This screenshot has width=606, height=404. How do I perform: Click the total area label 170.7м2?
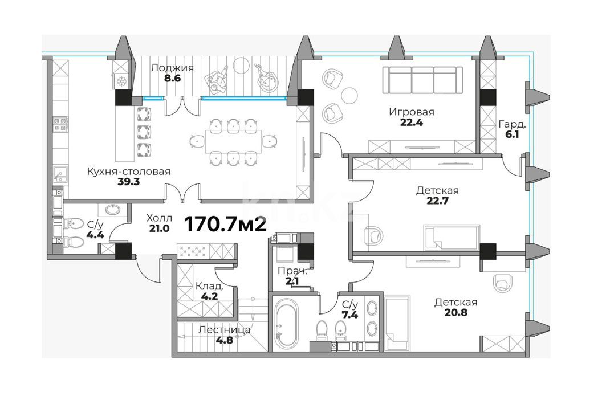pyautogui.click(x=225, y=224)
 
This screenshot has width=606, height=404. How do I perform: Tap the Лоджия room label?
pyautogui.click(x=172, y=68)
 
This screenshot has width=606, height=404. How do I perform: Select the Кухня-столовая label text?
pyautogui.click(x=129, y=171)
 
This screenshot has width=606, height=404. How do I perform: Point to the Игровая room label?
pyautogui.click(x=412, y=112)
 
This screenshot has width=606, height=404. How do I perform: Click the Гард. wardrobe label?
pyautogui.click(x=512, y=124)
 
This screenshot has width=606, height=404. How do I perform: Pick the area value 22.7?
pyautogui.click(x=437, y=201)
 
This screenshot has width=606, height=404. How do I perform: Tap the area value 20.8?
pyautogui.click(x=455, y=312)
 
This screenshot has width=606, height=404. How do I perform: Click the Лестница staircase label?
pyautogui.click(x=224, y=330)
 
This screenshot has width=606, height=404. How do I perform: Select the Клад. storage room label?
pyautogui.click(x=209, y=287)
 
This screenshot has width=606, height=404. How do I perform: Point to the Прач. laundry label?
pyautogui.click(x=292, y=271)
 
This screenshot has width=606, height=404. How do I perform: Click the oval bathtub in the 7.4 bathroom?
pyautogui.click(x=286, y=324)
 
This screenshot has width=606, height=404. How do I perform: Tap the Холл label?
pyautogui.click(x=159, y=218)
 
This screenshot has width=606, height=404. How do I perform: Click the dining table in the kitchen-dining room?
pyautogui.click(x=233, y=142)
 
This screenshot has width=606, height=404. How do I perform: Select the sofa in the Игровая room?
pyautogui.click(x=422, y=80)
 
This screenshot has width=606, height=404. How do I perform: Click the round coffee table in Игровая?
pyautogui.click(x=350, y=95)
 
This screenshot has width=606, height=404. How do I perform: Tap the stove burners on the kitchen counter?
pyautogui.click(x=60, y=124)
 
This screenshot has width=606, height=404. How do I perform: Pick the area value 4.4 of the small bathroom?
pyautogui.click(x=95, y=235)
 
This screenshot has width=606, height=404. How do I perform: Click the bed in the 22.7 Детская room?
pyautogui.click(x=452, y=237)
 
